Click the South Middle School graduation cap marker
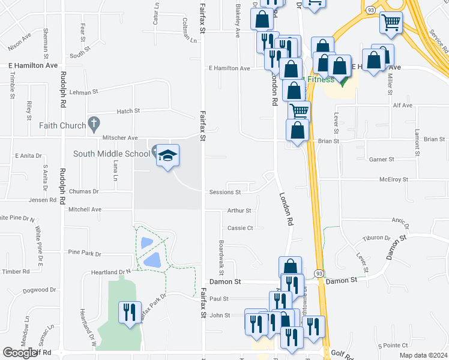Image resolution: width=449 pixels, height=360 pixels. click(168, 156)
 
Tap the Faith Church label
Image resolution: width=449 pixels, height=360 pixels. click(61, 125)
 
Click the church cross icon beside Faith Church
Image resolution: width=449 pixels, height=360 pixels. click(93, 124)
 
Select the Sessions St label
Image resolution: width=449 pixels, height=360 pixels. click(225, 193)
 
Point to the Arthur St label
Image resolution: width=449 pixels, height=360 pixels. click(240, 211)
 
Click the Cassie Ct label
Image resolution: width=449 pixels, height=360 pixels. click(241, 228)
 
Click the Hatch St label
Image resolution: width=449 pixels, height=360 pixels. click(128, 111)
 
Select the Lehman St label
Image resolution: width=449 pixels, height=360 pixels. click(83, 92)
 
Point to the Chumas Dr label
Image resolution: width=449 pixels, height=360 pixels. click(84, 191)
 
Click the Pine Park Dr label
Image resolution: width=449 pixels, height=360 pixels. click(85, 253)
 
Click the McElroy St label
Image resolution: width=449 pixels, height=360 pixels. click(393, 179)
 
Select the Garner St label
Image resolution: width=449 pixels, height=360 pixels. click(382, 160)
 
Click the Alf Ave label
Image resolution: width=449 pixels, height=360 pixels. click(402, 106)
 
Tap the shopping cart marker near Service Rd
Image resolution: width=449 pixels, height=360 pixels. click(391, 23)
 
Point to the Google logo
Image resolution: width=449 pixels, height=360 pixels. click(20, 353)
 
